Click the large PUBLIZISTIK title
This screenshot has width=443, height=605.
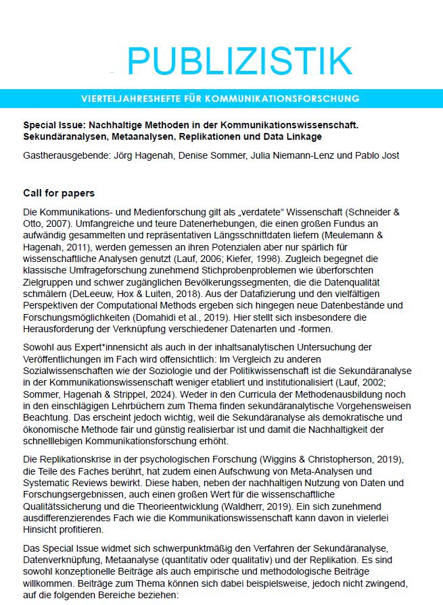239,61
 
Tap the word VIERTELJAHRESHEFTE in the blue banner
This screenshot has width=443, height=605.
129,99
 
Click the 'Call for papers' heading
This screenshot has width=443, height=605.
59,194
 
